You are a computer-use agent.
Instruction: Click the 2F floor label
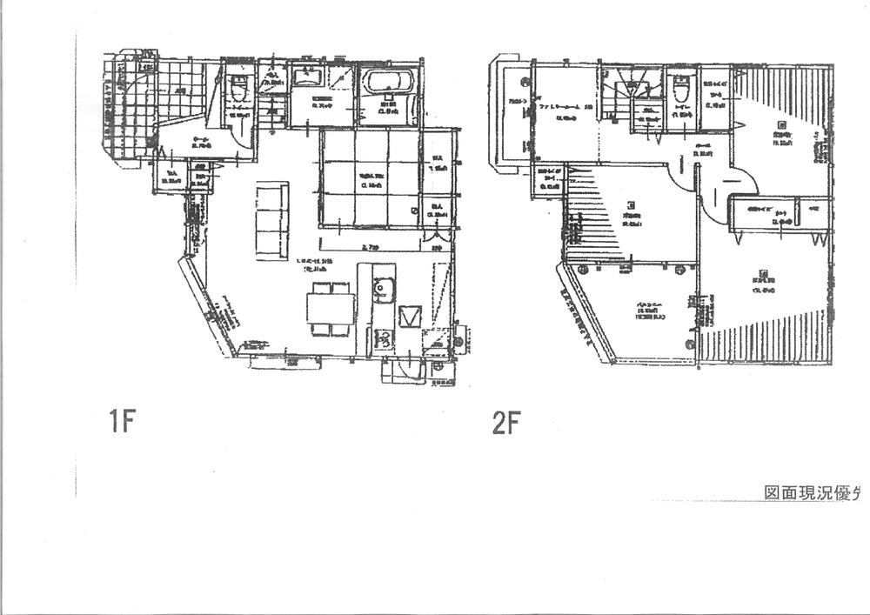tap(505, 424)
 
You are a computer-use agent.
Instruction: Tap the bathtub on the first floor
tap(390, 84)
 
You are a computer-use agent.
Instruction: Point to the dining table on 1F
tap(331, 307)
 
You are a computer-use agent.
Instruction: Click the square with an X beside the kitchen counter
tap(409, 315)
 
